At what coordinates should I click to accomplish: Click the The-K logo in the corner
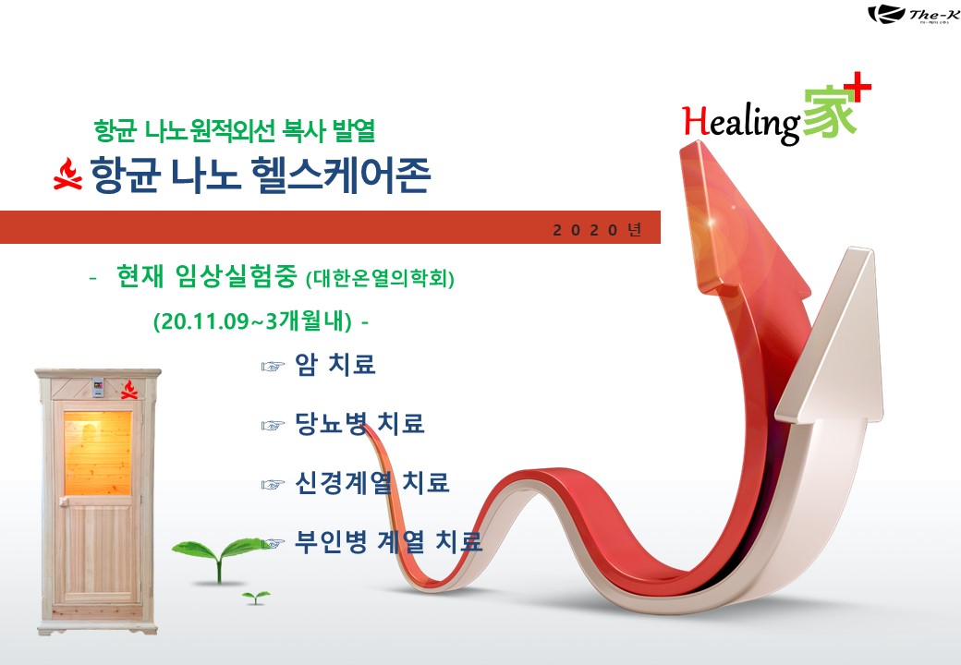914,14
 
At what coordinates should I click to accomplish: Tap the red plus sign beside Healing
860,87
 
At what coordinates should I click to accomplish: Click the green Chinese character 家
829,114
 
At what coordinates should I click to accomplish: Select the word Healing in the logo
741,123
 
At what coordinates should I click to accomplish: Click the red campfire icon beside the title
67,174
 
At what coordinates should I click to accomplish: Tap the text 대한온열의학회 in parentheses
380,279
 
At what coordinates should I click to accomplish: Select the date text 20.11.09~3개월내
253,320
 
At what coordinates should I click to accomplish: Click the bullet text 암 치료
335,364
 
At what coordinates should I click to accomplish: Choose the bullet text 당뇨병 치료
359,423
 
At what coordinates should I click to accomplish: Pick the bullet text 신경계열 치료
372,482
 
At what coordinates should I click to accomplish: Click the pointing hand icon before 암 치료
273,367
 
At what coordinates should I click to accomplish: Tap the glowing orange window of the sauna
98,453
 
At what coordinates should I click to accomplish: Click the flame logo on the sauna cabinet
128,390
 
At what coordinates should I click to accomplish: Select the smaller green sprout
256,597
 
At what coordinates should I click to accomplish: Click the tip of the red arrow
698,142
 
